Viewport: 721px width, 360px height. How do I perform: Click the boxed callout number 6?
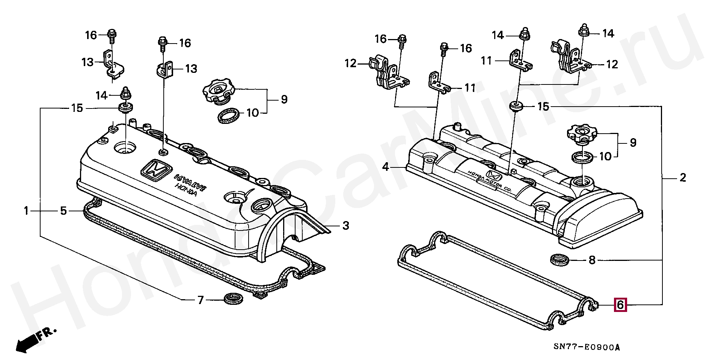pos(620,304)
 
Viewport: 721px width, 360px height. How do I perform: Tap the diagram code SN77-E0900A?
pos(587,347)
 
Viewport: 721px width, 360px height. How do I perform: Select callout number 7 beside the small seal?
pos(201,300)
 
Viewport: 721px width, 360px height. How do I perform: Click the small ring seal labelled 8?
pos(559,259)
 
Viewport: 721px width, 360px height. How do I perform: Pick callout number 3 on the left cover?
pos(345,226)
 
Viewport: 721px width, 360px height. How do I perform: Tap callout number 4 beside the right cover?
pos(386,167)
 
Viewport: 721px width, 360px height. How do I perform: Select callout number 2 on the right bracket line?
pos(683,178)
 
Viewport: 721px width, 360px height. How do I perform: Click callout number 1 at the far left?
pos(26,211)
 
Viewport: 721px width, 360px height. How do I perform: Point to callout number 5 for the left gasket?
pos(63,211)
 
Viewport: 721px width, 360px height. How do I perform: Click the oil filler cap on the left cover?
pos(218,91)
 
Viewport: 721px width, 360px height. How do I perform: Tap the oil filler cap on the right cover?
pos(582,134)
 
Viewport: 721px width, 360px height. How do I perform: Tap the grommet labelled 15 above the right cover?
pos(516,106)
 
